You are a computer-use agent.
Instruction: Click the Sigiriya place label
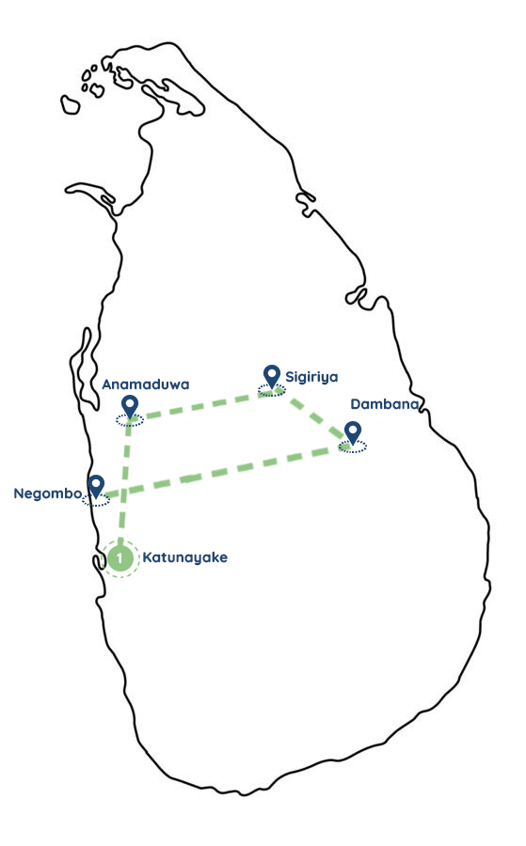pyautogui.click(x=311, y=377)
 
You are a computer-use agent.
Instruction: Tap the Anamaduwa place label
pyautogui.click(x=146, y=384)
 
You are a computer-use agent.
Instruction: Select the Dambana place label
pyautogui.click(x=385, y=404)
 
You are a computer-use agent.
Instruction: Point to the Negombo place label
pyautogui.click(x=48, y=493)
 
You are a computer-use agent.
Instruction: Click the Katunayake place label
pyautogui.click(x=184, y=557)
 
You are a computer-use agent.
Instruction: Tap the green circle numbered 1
pyautogui.click(x=120, y=558)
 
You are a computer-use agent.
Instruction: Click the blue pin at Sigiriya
pyautogui.click(x=272, y=376)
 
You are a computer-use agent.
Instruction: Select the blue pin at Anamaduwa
pyautogui.click(x=130, y=406)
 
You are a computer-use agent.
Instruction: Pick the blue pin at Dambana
pyautogui.click(x=353, y=432)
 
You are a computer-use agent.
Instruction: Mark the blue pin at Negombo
pyautogui.click(x=96, y=486)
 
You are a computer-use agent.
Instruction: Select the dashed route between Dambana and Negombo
pyautogui.click(x=225, y=471)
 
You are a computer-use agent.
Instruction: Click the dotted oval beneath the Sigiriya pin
pyautogui.click(x=271, y=391)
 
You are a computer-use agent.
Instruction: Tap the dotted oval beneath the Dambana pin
pyautogui.click(x=353, y=446)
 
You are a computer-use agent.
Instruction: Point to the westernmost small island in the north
pyautogui.click(x=70, y=104)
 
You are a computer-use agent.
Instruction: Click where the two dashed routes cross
pyautogui.click(x=125, y=492)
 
